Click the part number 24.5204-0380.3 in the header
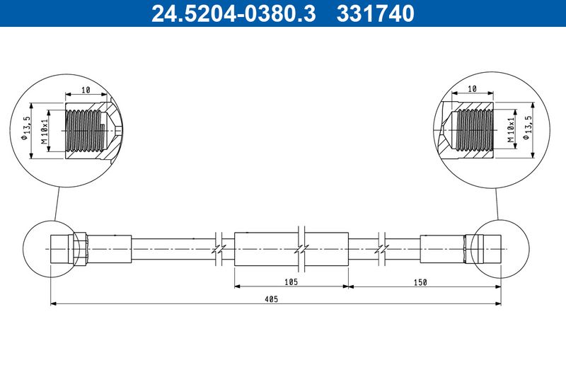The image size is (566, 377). click(x=233, y=13)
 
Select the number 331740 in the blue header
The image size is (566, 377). click(x=376, y=13)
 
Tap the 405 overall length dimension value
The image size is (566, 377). click(x=271, y=298)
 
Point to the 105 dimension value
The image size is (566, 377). click(x=291, y=282)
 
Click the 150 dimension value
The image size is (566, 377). click(x=420, y=282)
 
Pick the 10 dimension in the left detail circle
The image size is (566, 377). click(x=86, y=90)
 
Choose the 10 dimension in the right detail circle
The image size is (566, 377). click(x=472, y=88)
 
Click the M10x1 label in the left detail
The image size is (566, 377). click(x=45, y=131)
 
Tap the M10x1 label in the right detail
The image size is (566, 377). click(x=510, y=129)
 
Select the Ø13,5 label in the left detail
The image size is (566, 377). click(x=25, y=128)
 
